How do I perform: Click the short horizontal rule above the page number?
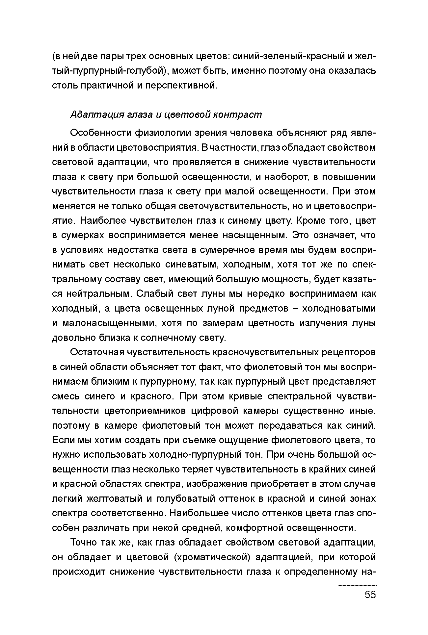pyautogui.click(x=357, y=585)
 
